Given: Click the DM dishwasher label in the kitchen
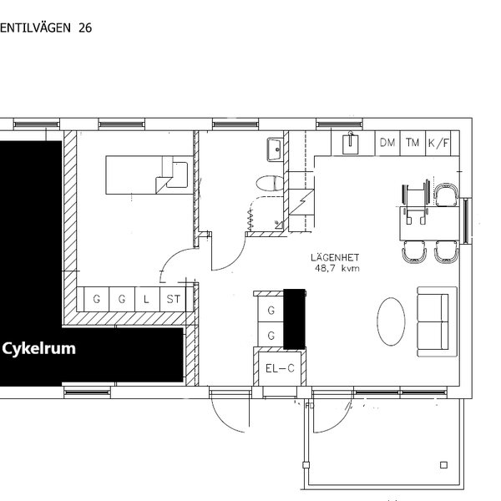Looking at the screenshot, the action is (x=387, y=143).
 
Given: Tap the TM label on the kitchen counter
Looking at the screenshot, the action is (x=412, y=143).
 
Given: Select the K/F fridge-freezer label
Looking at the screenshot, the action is (x=438, y=143).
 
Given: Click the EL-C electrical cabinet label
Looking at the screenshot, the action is (x=280, y=368).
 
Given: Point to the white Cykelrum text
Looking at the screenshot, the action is (x=38, y=348).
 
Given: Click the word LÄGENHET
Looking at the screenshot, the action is (x=335, y=257).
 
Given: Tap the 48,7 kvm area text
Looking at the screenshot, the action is (x=337, y=268).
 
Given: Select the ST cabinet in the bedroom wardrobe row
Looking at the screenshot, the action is (x=173, y=299).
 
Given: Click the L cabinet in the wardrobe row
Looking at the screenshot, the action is (x=147, y=299).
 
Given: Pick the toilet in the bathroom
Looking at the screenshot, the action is (x=270, y=184).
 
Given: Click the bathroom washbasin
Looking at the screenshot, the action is (x=275, y=149).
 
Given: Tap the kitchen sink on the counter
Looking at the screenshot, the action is (x=350, y=144).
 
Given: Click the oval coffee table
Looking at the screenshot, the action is (x=391, y=321).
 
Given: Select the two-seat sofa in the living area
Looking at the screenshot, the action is (x=437, y=321).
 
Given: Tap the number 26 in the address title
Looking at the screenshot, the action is (x=85, y=28).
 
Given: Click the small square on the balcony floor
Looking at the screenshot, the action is (x=443, y=465).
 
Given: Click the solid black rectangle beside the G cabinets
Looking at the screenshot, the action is (x=294, y=319).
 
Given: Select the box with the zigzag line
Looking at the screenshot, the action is (x=301, y=202).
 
